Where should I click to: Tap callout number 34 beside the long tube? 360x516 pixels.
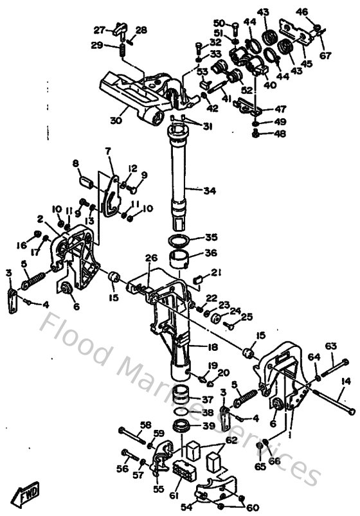coord(210,190)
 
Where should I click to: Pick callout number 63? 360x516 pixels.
coord(331,348)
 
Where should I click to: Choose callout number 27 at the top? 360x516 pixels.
coord(99,30)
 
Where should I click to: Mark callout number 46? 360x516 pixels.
coord(302,12)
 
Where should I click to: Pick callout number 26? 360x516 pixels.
coord(150,258)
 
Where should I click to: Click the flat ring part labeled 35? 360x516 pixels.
coord(179,242)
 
